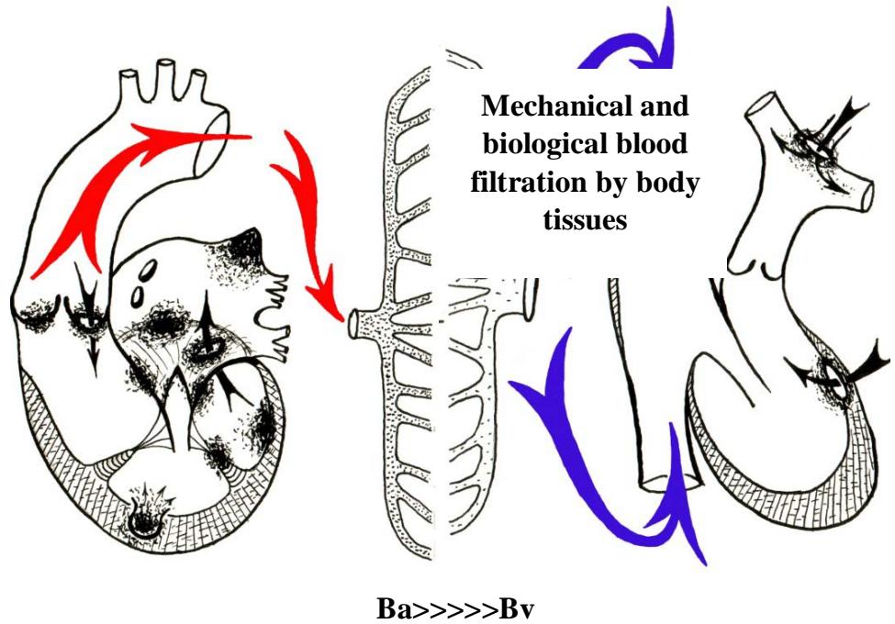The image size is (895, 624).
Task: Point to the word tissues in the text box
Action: click(585, 220)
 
